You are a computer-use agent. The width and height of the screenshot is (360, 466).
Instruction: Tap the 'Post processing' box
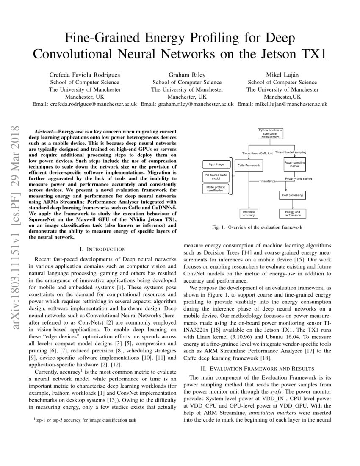[291, 195]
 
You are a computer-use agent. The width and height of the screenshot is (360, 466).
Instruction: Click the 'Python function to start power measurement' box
[271, 133]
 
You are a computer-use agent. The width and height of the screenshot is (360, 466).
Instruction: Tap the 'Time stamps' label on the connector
[268, 181]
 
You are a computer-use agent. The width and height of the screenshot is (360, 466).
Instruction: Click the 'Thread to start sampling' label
[291, 152]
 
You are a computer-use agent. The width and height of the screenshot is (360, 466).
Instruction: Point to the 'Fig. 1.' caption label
[219, 227]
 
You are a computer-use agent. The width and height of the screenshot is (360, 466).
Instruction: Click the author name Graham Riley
[187, 75]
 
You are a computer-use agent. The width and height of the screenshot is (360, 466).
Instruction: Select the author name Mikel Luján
[282, 75]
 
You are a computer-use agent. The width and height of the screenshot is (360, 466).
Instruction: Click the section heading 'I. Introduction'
[102, 249]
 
